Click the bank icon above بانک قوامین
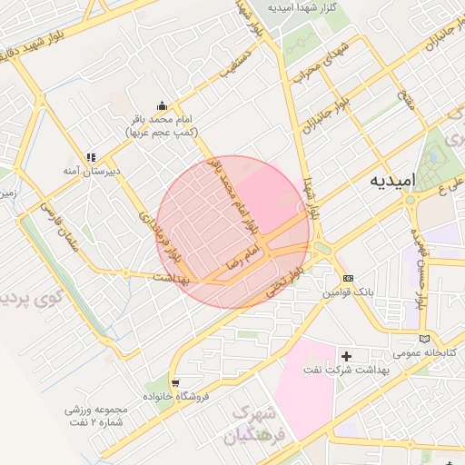coord(349,278)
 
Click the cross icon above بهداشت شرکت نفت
coord(345,355)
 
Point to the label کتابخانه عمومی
coord(421,352)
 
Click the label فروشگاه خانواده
coord(179,397)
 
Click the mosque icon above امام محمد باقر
coord(162,105)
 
